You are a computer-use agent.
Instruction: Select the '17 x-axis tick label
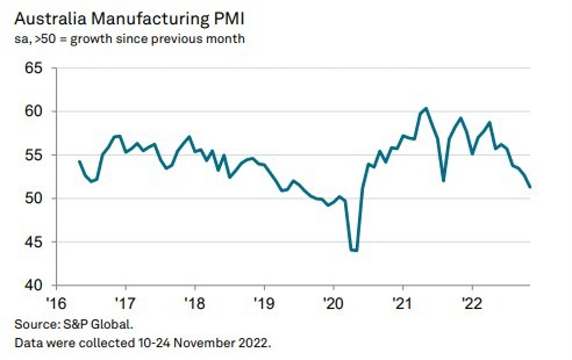point(125,304)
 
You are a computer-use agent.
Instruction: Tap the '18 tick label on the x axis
point(194,304)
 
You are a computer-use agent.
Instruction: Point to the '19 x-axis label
point(264,304)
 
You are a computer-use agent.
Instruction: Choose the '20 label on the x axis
point(333,304)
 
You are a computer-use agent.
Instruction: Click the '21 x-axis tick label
point(402,304)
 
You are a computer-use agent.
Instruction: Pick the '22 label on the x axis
point(472,304)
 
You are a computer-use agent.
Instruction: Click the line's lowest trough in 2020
point(354,250)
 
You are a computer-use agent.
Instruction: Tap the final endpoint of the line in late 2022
point(530,188)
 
